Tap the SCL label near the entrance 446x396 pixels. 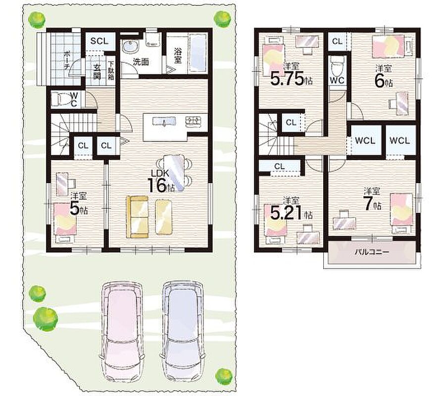[x=99, y=41]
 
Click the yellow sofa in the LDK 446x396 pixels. [x=137, y=217]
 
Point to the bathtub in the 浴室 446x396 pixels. [x=198, y=53]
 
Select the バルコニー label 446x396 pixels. [x=372, y=252]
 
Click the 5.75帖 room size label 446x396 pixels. [x=291, y=79]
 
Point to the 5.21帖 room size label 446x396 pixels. [x=291, y=213]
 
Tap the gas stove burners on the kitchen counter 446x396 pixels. [x=193, y=121]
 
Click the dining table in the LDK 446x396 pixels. [x=174, y=172]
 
